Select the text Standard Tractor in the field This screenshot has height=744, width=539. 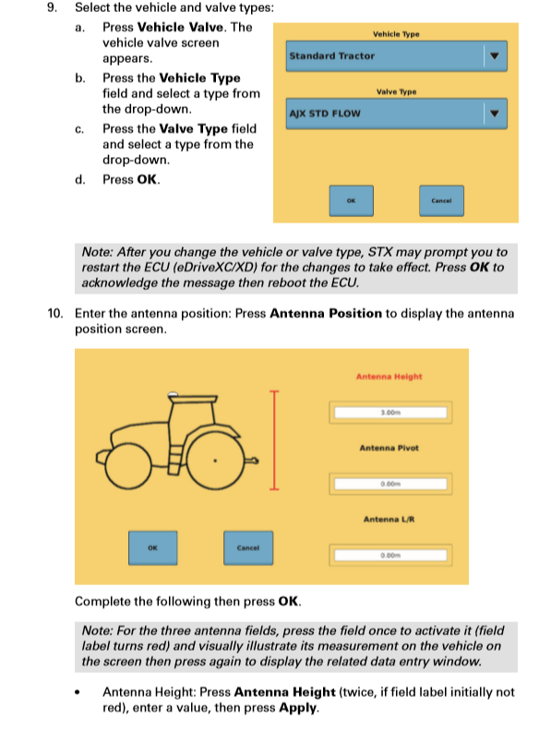[331, 56]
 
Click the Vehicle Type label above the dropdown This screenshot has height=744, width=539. [396, 34]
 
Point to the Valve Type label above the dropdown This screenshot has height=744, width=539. [396, 92]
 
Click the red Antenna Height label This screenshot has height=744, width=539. [389, 377]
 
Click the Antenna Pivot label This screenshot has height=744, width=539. [389, 448]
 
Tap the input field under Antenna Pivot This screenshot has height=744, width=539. [389, 484]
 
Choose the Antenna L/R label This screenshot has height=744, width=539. [389, 519]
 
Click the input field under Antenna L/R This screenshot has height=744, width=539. [389, 555]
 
